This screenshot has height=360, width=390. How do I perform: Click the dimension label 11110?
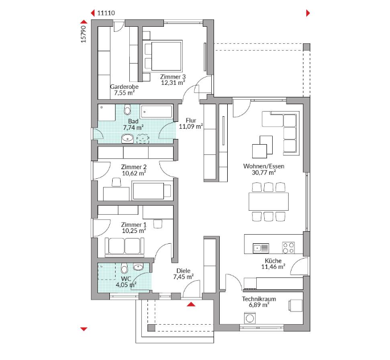point(106,13)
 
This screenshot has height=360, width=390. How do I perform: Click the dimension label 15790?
point(84,34)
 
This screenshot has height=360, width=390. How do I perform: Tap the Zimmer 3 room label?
point(173,77)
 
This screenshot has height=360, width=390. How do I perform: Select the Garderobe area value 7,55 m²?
point(124,93)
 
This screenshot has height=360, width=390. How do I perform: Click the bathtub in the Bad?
point(156,111)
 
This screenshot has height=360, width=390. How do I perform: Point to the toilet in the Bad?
point(128,109)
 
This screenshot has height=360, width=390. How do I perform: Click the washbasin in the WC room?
point(138,267)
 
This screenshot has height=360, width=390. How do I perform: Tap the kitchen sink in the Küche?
point(261,248)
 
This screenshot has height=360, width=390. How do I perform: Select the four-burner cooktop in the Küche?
point(288,248)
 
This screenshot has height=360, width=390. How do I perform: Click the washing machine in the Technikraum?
point(250,318)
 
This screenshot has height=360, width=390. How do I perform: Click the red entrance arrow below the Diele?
point(191,304)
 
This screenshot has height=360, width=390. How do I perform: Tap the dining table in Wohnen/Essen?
point(269,202)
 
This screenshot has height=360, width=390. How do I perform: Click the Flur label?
point(191,120)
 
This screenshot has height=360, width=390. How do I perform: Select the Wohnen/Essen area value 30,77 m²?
point(264,173)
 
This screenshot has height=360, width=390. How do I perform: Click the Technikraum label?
point(259,299)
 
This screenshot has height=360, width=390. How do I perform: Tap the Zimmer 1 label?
point(134,224)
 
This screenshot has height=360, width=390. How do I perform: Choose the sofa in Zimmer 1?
point(125,247)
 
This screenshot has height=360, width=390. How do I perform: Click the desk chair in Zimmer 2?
point(117,182)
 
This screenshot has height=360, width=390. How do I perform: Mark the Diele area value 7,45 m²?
point(183,277)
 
